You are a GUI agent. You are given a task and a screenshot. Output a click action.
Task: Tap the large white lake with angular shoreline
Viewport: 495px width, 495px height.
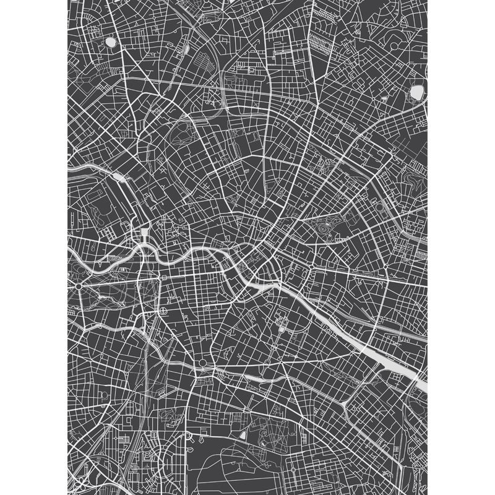coord(416,92)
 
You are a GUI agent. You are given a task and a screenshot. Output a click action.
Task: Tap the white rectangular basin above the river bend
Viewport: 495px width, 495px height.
coord(145,233)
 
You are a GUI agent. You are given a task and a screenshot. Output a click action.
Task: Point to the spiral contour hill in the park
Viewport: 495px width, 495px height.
coord(322,230)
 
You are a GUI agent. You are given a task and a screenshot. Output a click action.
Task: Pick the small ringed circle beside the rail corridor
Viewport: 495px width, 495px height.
coord(162,309)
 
